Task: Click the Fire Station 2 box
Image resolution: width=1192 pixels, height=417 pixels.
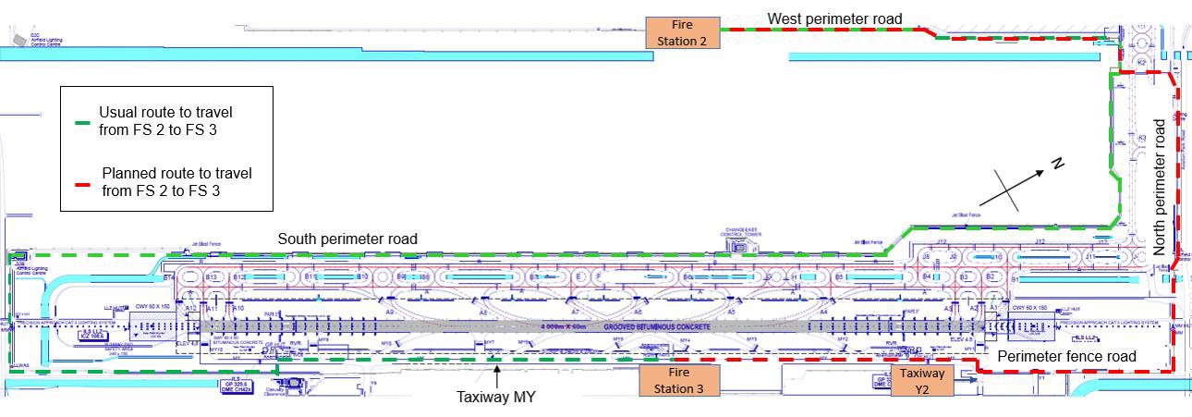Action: click(682, 32)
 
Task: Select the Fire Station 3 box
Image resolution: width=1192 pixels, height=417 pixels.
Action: click(678, 380)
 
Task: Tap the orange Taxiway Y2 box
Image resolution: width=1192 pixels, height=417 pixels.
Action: click(922, 380)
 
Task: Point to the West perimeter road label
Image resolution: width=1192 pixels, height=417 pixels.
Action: click(834, 18)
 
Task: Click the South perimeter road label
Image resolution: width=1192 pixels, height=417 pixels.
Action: click(347, 239)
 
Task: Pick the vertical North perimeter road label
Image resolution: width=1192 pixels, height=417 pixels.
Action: click(1161, 186)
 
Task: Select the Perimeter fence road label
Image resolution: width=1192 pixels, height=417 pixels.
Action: click(1066, 356)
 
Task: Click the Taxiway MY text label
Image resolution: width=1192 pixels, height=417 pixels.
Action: click(496, 398)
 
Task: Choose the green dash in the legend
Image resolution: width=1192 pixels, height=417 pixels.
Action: click(82, 122)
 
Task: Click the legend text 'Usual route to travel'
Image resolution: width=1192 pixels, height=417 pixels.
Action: click(165, 112)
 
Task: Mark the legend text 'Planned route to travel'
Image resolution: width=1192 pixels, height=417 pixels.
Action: click(176, 173)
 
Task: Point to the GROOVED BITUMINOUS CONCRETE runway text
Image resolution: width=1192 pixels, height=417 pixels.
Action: click(657, 327)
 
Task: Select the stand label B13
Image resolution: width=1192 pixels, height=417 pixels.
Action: click(211, 277)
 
